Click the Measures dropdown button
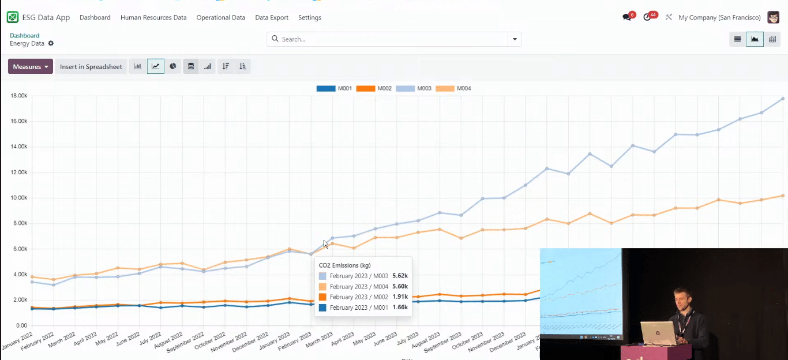[31, 66]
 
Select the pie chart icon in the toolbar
[173, 66]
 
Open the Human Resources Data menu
[153, 17]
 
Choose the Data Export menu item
[272, 17]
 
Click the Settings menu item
[310, 17]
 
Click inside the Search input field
[392, 39]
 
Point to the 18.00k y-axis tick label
[19, 96]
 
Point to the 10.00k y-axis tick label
[19, 198]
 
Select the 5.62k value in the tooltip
[400, 276]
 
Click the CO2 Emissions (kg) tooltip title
[345, 265]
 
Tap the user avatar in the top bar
[773, 17]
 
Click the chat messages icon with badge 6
[627, 17]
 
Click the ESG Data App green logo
[13, 17]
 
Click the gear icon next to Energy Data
[51, 44]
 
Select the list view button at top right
[737, 39]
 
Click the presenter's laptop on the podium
[658, 333]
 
